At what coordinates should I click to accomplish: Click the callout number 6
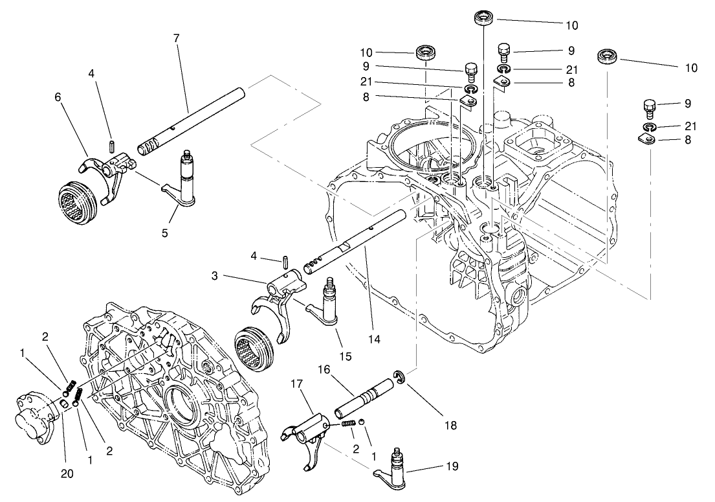58,96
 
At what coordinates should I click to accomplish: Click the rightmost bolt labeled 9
650,106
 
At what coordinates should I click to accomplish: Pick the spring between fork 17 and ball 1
349,423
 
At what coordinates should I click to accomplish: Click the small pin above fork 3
285,261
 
